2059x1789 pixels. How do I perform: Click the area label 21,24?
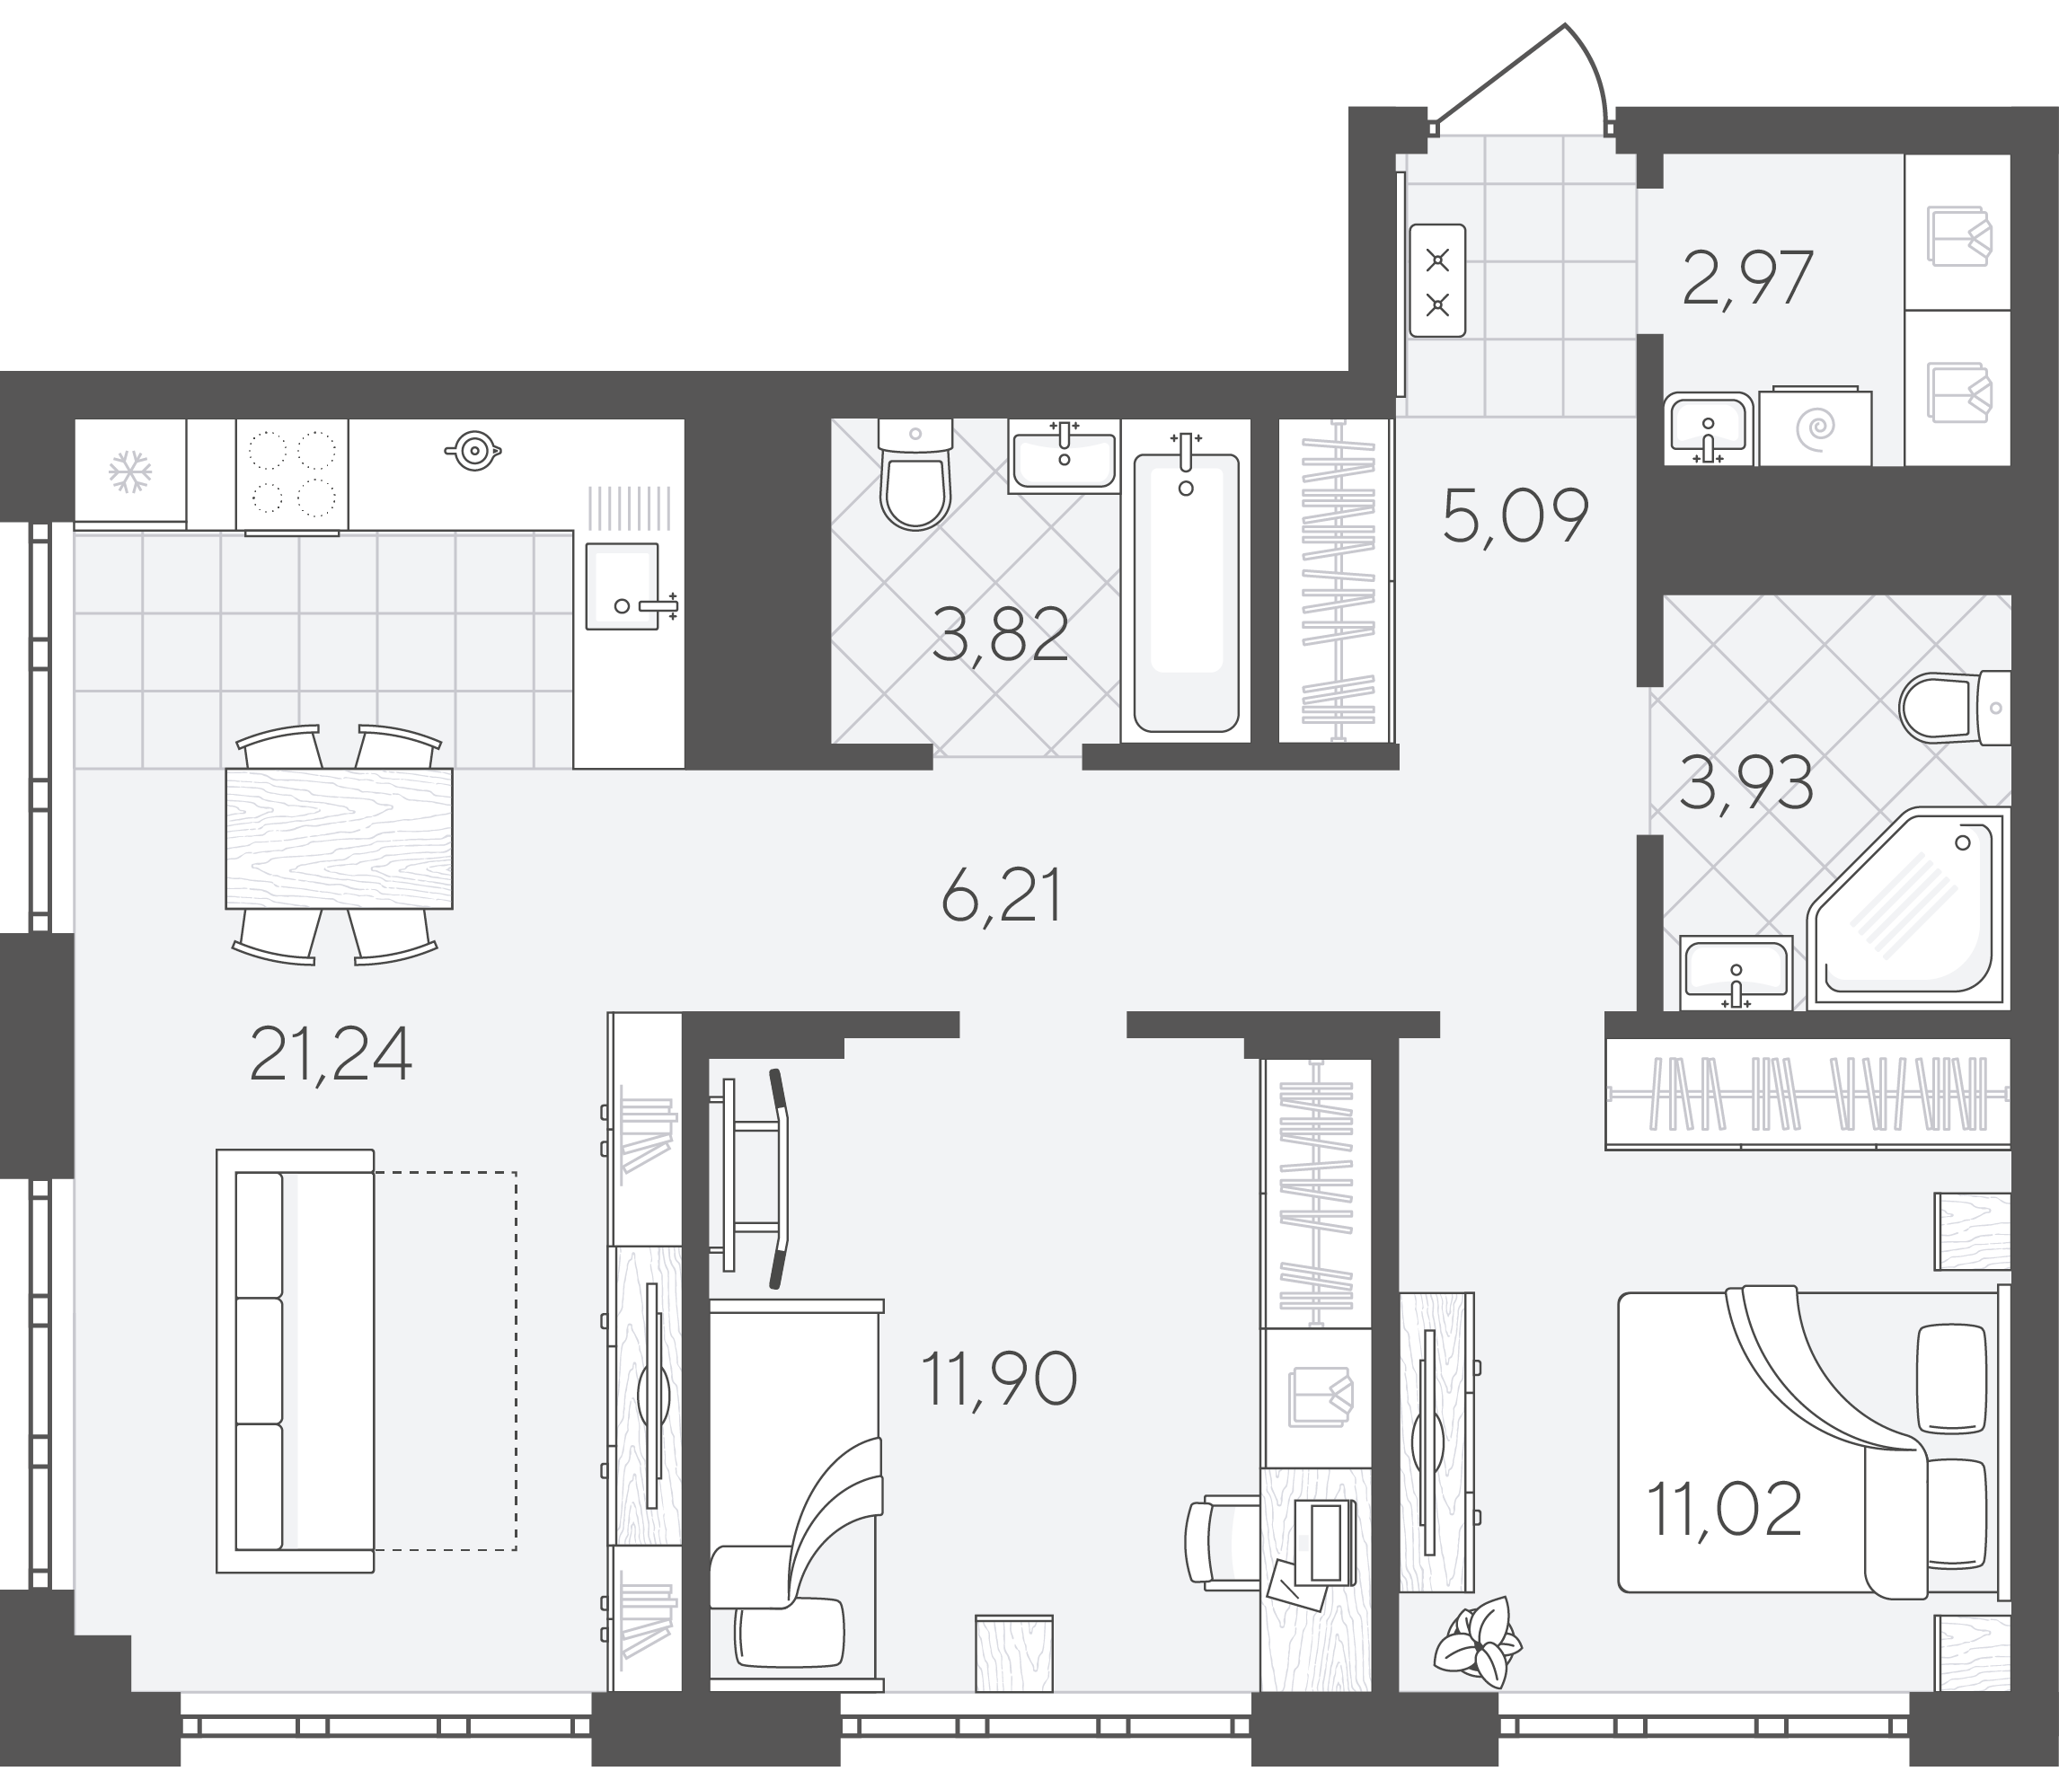pos(331,1056)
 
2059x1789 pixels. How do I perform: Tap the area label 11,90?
pos(999,1379)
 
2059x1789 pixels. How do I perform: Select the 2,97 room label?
pos(1747,278)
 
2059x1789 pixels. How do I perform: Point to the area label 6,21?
pos(1002,895)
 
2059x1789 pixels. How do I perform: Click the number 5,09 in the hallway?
pos(1516,516)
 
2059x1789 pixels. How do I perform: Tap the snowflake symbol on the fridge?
pos(130,471)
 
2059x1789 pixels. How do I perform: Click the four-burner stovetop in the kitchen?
pos(292,474)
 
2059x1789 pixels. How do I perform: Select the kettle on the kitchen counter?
pos(473,450)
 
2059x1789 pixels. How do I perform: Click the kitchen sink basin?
pos(622,586)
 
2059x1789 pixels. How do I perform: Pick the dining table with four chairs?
pos(339,844)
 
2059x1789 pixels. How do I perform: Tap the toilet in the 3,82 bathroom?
pos(915,474)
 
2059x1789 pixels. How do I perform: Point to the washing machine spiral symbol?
pos(1816,428)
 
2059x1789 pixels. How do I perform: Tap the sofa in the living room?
pos(296,1361)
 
